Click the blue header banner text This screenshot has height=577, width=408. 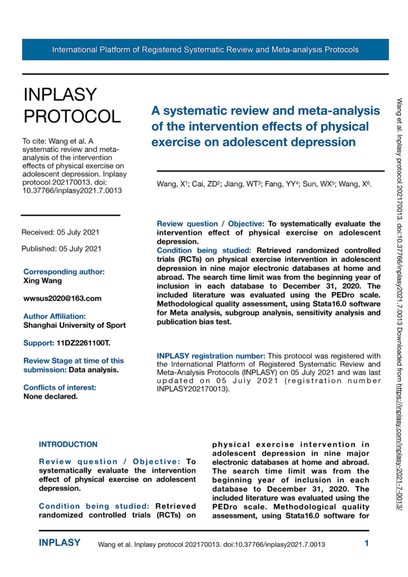click(205, 50)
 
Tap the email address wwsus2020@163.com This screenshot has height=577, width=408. click(63, 298)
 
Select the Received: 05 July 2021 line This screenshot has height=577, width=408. click(61, 232)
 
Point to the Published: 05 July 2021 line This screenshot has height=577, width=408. click(61, 248)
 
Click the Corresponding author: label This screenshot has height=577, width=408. click(64, 272)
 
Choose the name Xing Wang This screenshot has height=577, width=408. click(42, 280)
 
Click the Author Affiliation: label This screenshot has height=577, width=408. click(55, 317)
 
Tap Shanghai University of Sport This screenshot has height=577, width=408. click(74, 325)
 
